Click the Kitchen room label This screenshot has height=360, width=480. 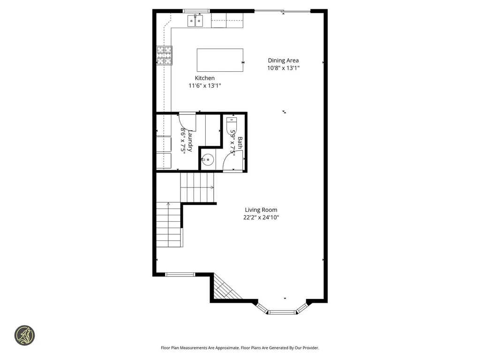pyautogui.click(x=205, y=78)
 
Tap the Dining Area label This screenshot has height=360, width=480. pyautogui.click(x=283, y=60)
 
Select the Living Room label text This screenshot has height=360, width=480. pyautogui.click(x=261, y=210)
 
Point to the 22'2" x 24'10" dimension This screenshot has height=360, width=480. pyautogui.click(x=261, y=217)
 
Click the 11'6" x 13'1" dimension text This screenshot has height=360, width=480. pyautogui.click(x=205, y=86)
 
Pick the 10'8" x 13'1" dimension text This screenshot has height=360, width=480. pyautogui.click(x=283, y=68)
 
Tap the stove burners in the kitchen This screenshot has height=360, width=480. pyautogui.click(x=164, y=55)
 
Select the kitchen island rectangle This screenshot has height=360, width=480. pyautogui.click(x=220, y=60)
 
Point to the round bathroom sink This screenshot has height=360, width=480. pyautogui.click(x=208, y=160)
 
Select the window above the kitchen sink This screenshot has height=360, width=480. pyautogui.click(x=196, y=11)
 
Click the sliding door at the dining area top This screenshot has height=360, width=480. pyautogui.click(x=282, y=11)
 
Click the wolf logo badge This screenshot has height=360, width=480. pyautogui.click(x=24, y=336)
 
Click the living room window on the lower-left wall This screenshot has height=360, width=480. pyautogui.click(x=180, y=274)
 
